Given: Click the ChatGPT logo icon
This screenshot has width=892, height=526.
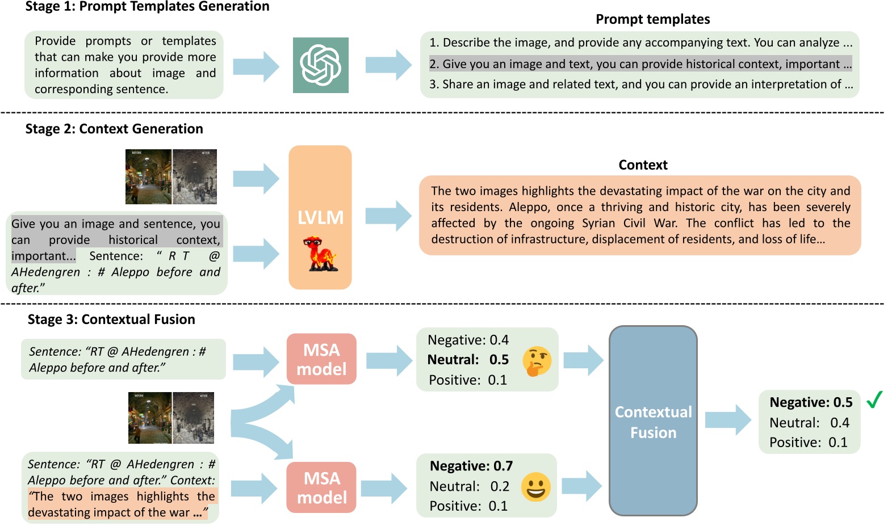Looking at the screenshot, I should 320,65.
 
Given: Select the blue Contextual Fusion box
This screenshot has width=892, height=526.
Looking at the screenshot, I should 653,420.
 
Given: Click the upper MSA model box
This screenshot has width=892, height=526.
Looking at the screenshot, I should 321,359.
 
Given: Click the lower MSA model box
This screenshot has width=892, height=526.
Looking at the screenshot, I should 321,487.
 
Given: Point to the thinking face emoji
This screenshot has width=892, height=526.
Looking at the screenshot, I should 537,361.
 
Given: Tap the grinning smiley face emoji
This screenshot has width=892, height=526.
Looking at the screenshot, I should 535,487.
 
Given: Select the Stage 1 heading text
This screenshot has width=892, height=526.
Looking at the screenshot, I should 148,7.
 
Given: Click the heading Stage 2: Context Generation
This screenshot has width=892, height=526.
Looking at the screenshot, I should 114,129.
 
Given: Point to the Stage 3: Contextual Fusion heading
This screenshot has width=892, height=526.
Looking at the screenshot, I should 111,319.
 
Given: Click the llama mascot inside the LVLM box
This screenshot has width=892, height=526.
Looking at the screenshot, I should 321,254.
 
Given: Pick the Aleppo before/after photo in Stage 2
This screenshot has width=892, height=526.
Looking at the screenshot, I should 171,176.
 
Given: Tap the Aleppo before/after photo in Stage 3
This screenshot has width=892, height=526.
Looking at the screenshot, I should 171,418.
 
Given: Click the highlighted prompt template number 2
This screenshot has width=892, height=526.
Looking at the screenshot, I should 640,64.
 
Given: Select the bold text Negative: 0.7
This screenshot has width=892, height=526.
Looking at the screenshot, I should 471,466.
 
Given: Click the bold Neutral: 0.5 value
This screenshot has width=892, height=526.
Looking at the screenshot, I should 468,360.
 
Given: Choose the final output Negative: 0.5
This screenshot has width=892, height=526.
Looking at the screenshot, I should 811,402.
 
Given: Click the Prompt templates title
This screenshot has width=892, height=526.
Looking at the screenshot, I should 652,19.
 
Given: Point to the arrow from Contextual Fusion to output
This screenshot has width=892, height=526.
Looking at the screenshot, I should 728,420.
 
